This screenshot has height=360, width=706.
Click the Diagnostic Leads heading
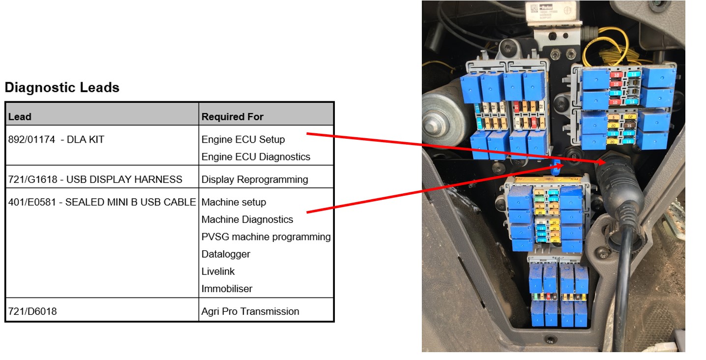62,88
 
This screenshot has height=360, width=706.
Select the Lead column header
20,117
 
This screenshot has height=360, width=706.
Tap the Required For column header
233,117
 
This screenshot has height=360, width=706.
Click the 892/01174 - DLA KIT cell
57,139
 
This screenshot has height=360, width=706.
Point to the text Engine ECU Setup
243,139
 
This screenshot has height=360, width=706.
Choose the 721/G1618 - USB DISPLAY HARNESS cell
95,180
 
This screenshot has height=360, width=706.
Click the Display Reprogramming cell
255,180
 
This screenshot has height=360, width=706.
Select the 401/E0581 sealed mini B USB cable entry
102,202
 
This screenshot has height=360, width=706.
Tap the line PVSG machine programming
266,237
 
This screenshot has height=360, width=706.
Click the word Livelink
218,271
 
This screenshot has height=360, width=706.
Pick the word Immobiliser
227,289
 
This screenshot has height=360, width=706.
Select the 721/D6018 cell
32,311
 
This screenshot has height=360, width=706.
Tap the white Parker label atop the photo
546,11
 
